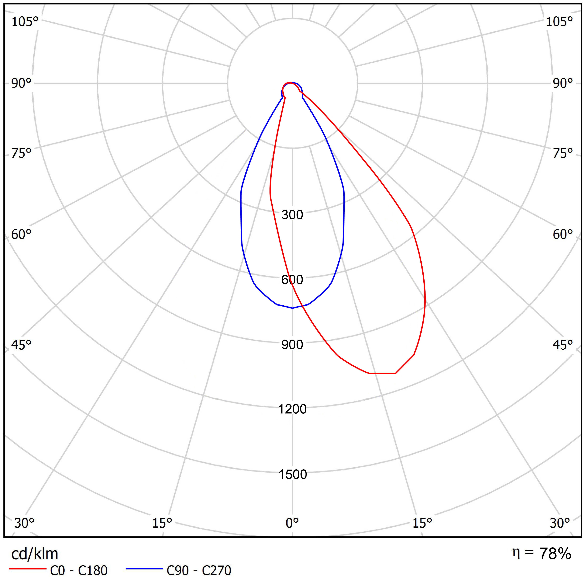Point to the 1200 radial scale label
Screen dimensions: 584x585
pyautogui.click(x=292, y=409)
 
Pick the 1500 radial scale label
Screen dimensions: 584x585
pyautogui.click(x=292, y=474)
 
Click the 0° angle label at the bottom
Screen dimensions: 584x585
pyautogui.click(x=292, y=523)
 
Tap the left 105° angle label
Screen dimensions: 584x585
pyautogui.click(x=25, y=22)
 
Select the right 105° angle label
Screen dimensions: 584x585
pyautogui.click(x=559, y=22)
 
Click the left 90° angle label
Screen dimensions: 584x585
pyautogui.click(x=21, y=83)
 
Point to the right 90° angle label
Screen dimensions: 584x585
pyautogui.click(x=563, y=83)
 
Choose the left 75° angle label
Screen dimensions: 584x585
pyautogui.click(x=21, y=153)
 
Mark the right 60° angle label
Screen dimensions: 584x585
pyautogui.click(x=563, y=234)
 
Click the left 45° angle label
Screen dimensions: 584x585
pyautogui.click(x=21, y=345)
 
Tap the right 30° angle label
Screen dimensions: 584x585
pyautogui.click(x=560, y=523)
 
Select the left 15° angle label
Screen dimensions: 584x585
pyautogui.click(x=162, y=523)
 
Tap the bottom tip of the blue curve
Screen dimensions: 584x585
pyautogui.click(x=292, y=308)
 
